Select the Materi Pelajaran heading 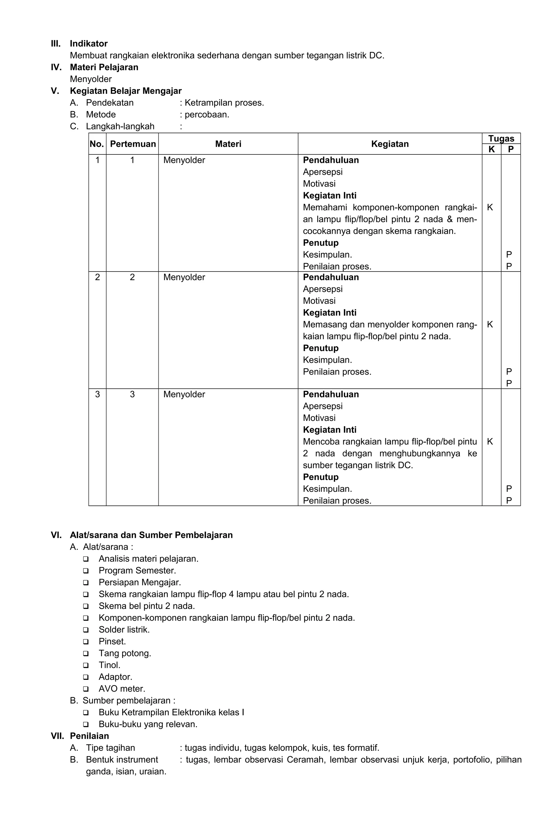pyautogui.click(x=104, y=67)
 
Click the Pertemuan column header pyautogui.click(x=133, y=144)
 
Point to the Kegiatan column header pyautogui.click(x=390, y=144)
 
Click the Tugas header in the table pyautogui.click(x=501, y=138)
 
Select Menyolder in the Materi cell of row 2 pyautogui.click(x=184, y=277)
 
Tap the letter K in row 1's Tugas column pyautogui.click(x=490, y=207)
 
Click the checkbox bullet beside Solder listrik pyautogui.click(x=86, y=630)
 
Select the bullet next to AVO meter pyautogui.click(x=86, y=689)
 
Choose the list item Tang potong pyautogui.click(x=125, y=653)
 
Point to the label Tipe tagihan pyautogui.click(x=110, y=748)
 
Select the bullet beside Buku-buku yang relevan pyautogui.click(x=86, y=724)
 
